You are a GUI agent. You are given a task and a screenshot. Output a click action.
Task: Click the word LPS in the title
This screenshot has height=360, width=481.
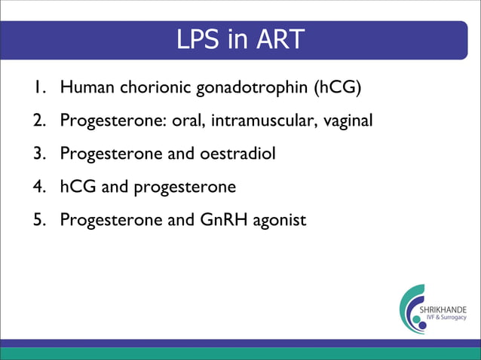click(198, 40)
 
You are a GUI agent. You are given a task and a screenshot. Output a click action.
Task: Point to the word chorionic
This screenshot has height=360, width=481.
click(149, 87)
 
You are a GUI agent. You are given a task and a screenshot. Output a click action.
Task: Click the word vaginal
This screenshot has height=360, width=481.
click(348, 121)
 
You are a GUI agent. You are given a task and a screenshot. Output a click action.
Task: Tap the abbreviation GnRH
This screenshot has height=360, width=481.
click(228, 220)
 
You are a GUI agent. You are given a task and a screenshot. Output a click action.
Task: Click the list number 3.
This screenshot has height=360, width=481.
click(38, 154)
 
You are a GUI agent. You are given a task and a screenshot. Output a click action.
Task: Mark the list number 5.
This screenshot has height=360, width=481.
click(38, 220)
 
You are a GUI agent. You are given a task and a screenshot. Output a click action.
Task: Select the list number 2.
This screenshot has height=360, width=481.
click(38, 121)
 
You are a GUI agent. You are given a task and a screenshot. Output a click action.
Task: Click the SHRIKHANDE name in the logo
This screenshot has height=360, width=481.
click(447, 310)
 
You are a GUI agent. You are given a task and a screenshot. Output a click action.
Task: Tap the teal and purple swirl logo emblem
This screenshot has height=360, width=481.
click(412, 310)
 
